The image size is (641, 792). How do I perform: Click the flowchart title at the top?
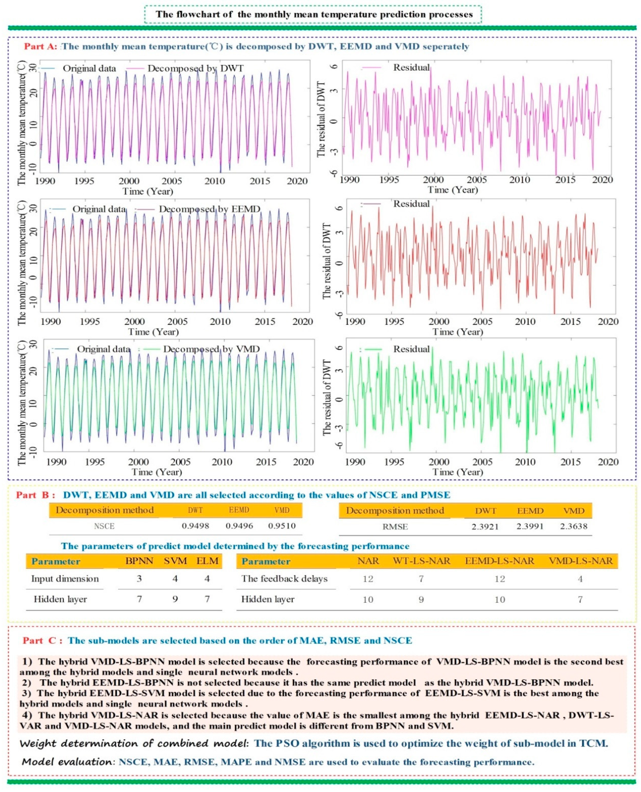[314, 14]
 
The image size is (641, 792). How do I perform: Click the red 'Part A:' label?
[41, 46]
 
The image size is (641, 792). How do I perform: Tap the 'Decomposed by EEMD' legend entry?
[209, 209]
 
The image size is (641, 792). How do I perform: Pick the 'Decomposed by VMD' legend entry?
[211, 349]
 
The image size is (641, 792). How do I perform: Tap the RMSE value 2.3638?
[573, 526]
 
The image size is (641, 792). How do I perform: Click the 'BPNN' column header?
[139, 561]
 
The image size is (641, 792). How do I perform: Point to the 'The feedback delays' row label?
[284, 579]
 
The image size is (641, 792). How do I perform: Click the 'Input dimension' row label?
[65, 579]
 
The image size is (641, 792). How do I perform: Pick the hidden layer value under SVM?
[175, 599]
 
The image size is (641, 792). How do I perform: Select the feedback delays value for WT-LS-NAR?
[421, 579]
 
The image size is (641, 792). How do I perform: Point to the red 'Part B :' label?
[35, 495]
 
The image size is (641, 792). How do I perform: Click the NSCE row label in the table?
[104, 526]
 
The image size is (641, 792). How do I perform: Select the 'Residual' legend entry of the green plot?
[411, 349]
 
